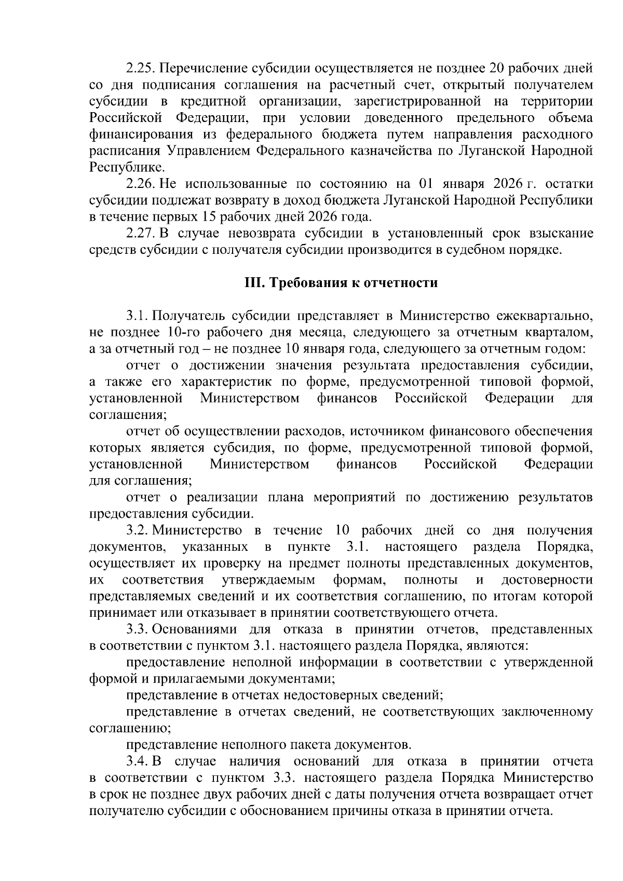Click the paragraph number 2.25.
(x=141, y=69)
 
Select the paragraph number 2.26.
(x=141, y=184)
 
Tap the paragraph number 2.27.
(x=141, y=234)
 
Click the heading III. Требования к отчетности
(x=341, y=283)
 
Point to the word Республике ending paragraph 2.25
(x=127, y=168)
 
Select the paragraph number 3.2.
(x=138, y=531)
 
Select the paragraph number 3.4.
(x=138, y=762)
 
